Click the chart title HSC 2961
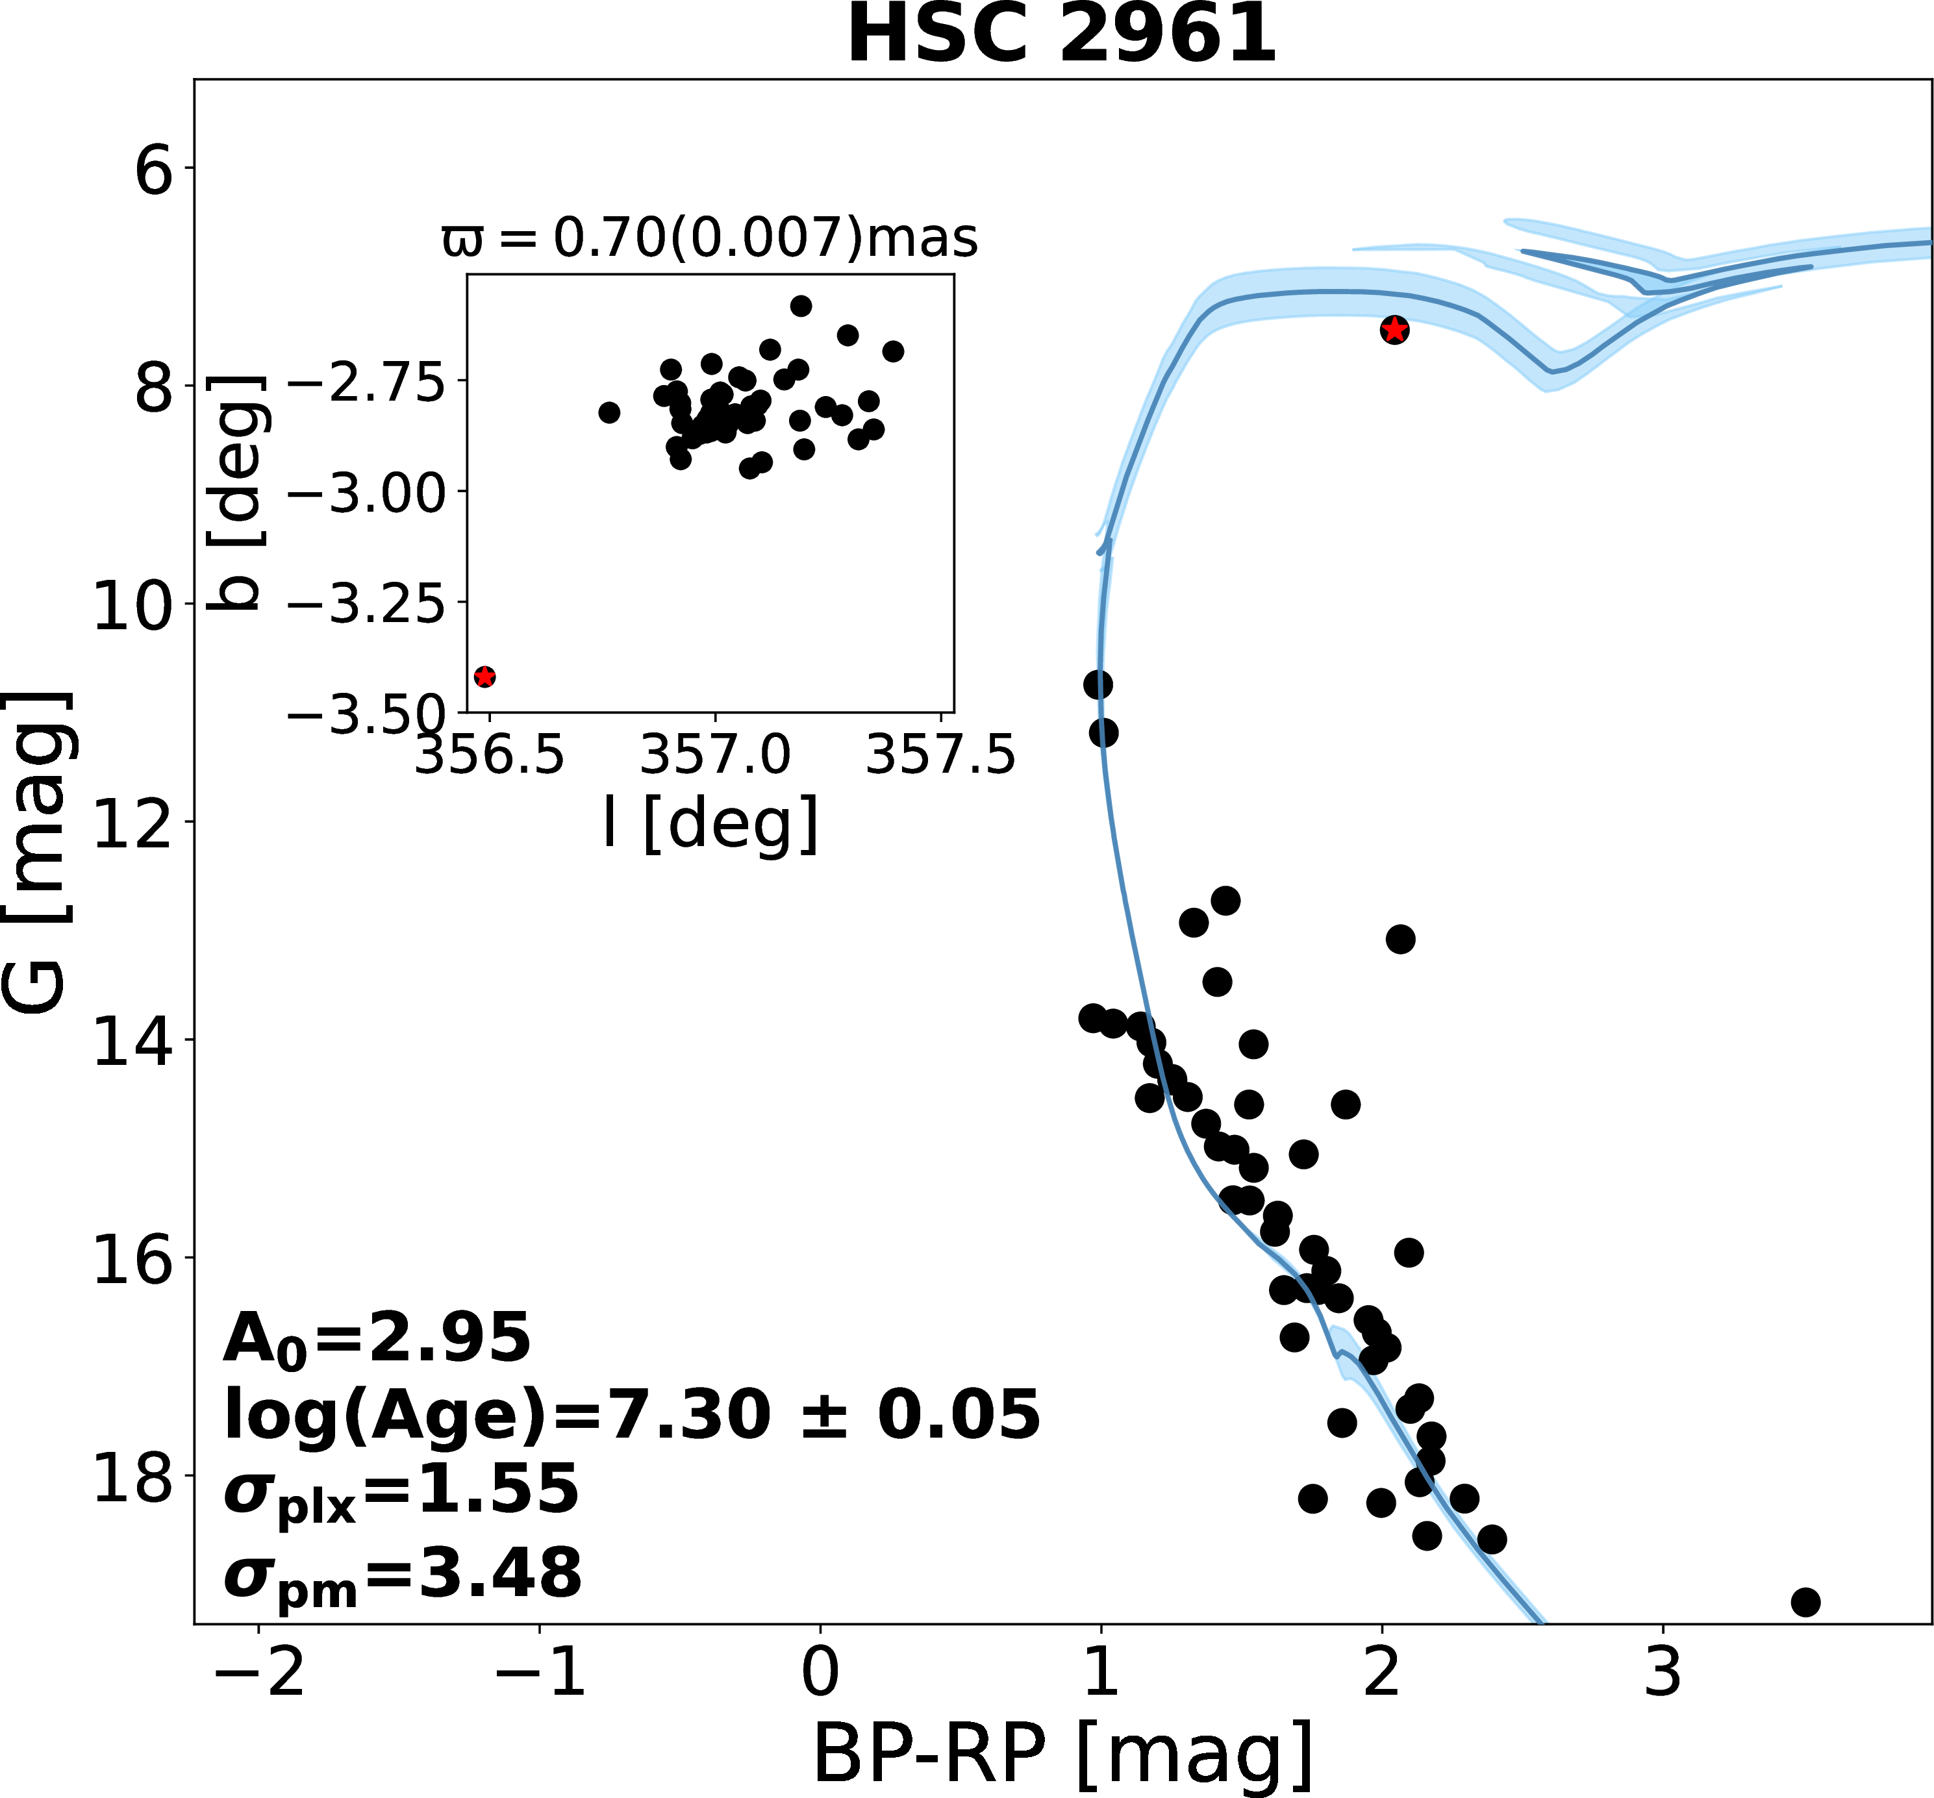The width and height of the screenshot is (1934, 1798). tap(1061, 35)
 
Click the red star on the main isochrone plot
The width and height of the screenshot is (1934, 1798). tap(1394, 330)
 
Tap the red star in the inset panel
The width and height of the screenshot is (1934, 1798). tap(484, 676)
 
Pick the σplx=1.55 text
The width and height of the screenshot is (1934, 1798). tap(401, 1491)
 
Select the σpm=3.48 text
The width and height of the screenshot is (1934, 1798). tap(403, 1574)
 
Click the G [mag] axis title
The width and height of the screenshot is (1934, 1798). tap(37, 853)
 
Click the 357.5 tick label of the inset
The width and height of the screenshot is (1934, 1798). tap(940, 755)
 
